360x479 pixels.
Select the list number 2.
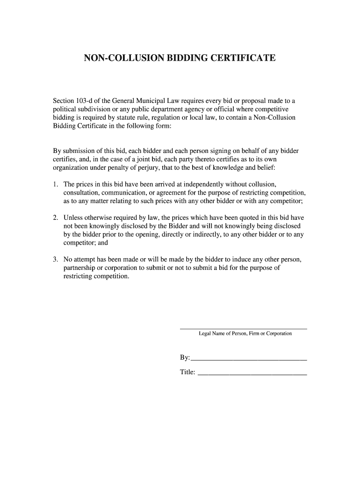click(55, 218)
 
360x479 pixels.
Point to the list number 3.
click(55, 260)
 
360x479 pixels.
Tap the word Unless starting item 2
click(73, 218)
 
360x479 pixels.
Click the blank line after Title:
click(252, 374)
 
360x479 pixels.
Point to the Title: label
click(187, 372)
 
